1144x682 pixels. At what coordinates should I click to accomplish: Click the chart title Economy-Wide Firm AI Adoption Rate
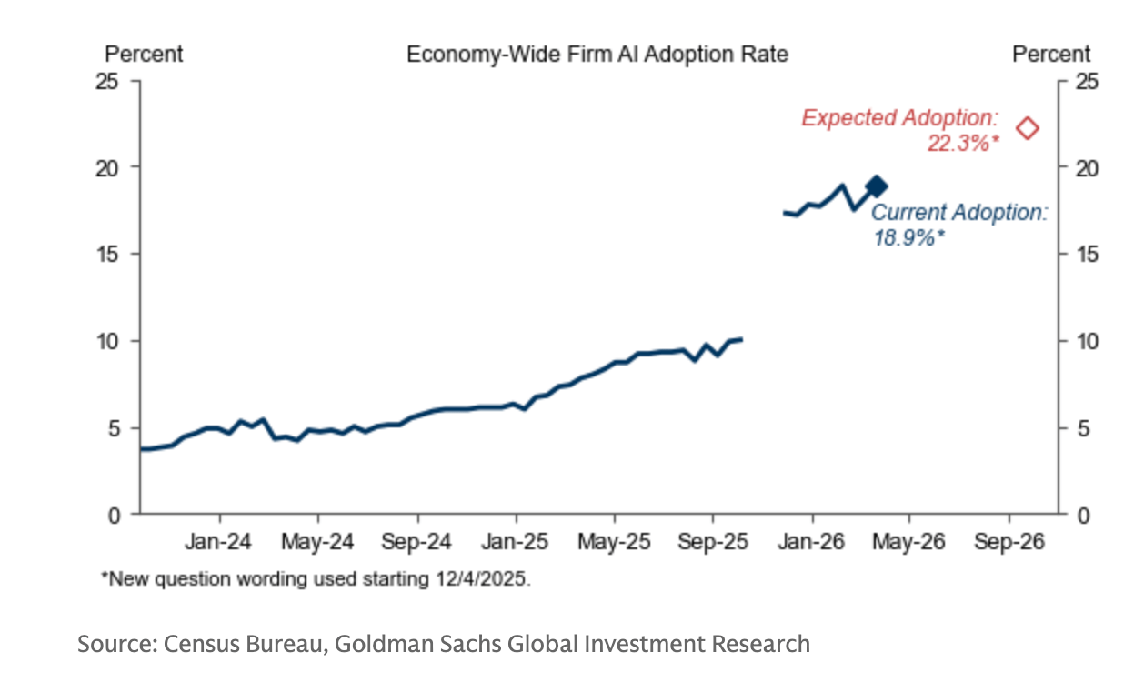597,55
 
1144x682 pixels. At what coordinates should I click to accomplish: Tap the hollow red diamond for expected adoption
1028,128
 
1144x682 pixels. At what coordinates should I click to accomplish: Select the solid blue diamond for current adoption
877,186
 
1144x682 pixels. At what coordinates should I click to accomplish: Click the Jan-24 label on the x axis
218,542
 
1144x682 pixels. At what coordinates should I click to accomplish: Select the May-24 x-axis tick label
317,542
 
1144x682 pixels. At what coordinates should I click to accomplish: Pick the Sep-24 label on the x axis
416,542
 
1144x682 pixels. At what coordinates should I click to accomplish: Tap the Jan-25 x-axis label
516,542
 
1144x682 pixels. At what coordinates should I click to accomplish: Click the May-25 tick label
614,542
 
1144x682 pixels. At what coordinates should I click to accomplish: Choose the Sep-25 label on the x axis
713,542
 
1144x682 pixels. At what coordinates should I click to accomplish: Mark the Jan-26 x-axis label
812,542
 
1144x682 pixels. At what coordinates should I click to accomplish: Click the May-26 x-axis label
910,542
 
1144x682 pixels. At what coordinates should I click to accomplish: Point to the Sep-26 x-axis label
1009,542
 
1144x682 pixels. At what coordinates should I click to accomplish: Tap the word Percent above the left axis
144,55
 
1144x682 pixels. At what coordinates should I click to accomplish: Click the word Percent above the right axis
1051,55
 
